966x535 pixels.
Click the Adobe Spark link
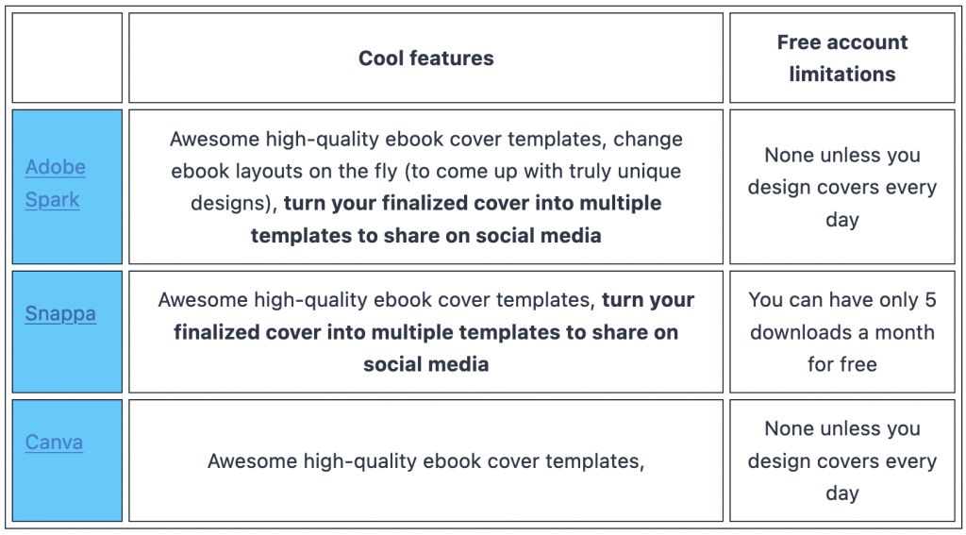[x=55, y=183]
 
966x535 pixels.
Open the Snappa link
[x=60, y=313]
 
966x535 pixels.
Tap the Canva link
[x=54, y=442]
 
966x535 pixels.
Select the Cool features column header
[x=425, y=58]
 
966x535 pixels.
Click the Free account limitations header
[x=841, y=58]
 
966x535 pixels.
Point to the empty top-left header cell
[x=67, y=58]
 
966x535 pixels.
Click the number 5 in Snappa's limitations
[x=929, y=300]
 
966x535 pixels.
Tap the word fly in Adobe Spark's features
[x=386, y=171]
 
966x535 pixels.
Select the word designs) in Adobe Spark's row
[x=234, y=203]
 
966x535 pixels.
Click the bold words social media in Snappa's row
[x=425, y=364]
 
